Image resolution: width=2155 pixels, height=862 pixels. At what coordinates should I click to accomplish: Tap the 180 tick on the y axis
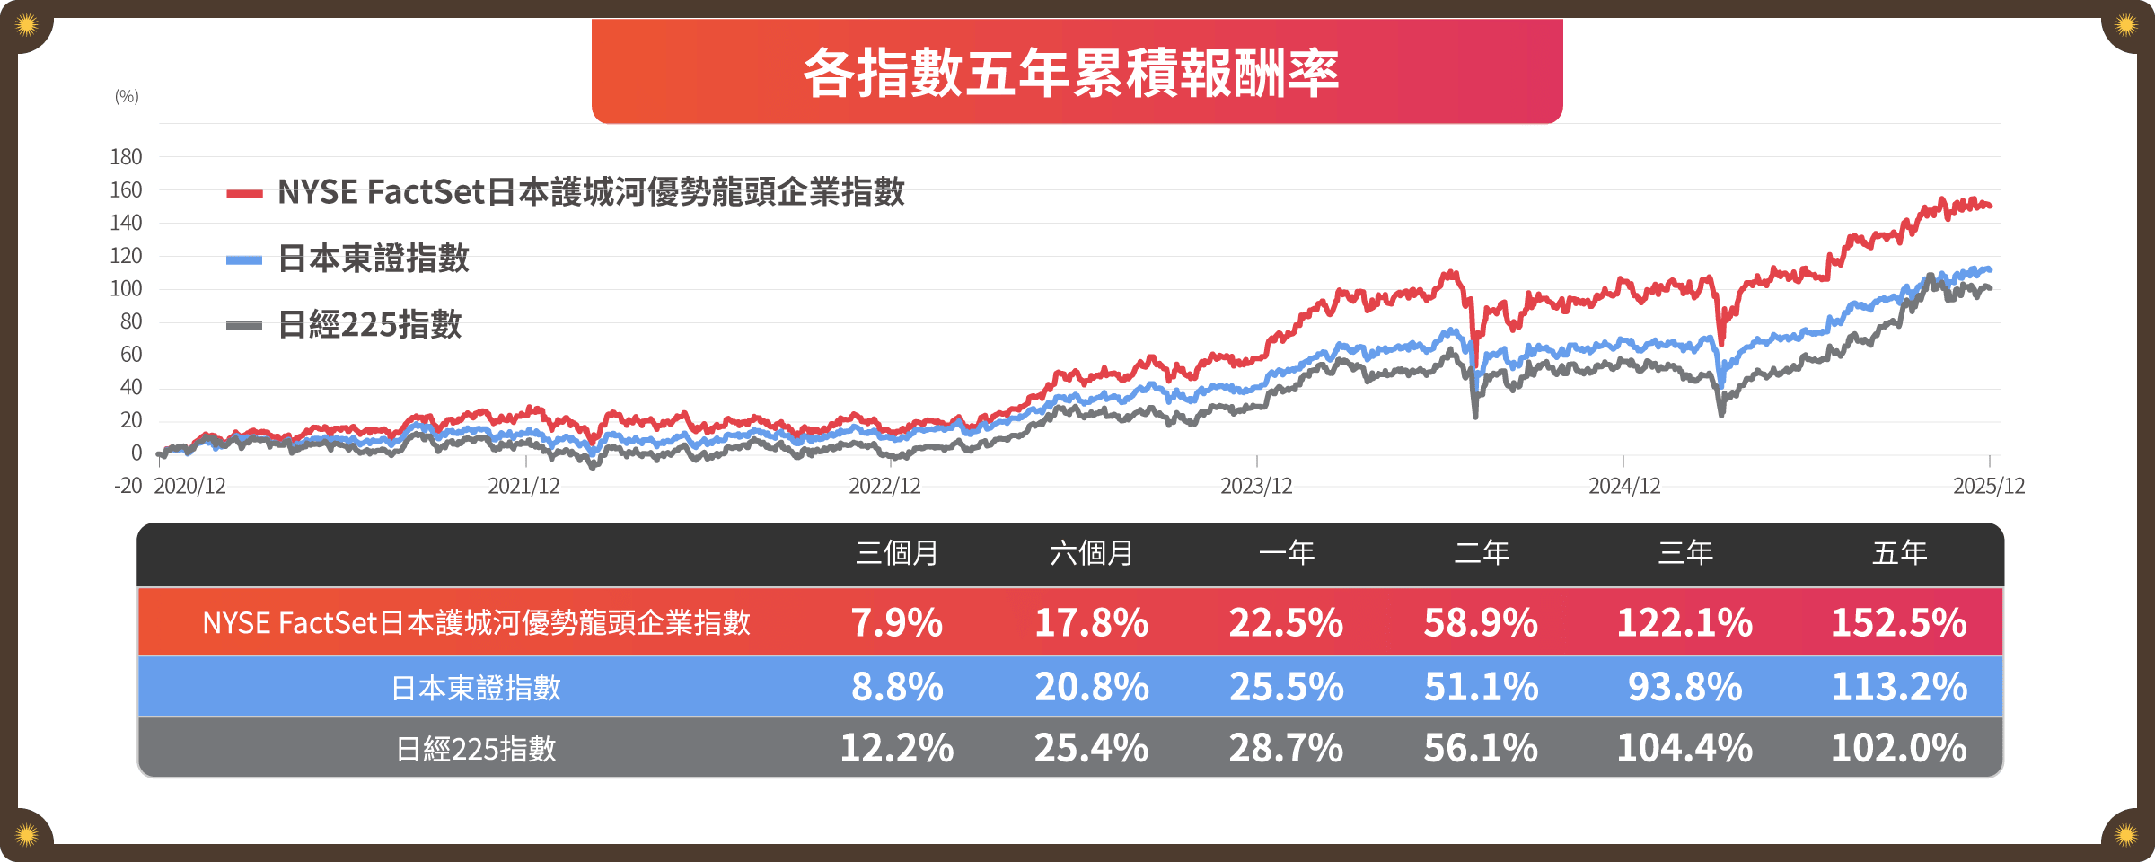coord(126,157)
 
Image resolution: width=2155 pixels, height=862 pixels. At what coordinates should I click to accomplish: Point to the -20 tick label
coord(128,486)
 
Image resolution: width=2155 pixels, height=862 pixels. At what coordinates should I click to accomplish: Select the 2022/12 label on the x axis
coord(884,487)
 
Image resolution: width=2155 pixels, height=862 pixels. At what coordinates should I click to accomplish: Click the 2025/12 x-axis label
coord(1989,487)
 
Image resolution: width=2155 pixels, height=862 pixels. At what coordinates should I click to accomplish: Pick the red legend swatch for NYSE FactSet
coord(244,193)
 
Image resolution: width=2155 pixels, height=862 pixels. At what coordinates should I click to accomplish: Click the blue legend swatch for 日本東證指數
coord(244,260)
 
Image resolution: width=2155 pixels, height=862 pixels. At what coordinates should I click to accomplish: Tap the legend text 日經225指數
coord(370,325)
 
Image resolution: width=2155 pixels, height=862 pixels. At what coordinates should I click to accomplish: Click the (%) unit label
coord(127,97)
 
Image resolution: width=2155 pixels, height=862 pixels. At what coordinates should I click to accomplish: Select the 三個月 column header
coord(897,553)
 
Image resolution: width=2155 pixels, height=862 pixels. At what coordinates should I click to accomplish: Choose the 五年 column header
coord(1900,553)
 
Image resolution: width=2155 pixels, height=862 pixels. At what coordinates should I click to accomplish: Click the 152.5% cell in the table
coord(1899,622)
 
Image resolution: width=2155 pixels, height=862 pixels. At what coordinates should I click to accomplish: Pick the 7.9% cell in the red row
coord(897,622)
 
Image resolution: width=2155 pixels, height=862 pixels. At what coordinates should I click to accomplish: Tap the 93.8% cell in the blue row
coord(1684,687)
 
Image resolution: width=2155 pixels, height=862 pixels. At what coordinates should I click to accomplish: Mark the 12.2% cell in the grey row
coord(897,748)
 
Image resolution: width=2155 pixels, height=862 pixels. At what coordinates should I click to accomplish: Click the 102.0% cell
coord(1899,748)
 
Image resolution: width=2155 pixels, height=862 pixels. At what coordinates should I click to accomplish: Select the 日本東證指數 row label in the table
coord(476,688)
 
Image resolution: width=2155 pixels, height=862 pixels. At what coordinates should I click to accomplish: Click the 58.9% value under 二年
coord(1481,622)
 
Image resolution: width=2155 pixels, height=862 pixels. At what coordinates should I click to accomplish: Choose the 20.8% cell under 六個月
coord(1092,687)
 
